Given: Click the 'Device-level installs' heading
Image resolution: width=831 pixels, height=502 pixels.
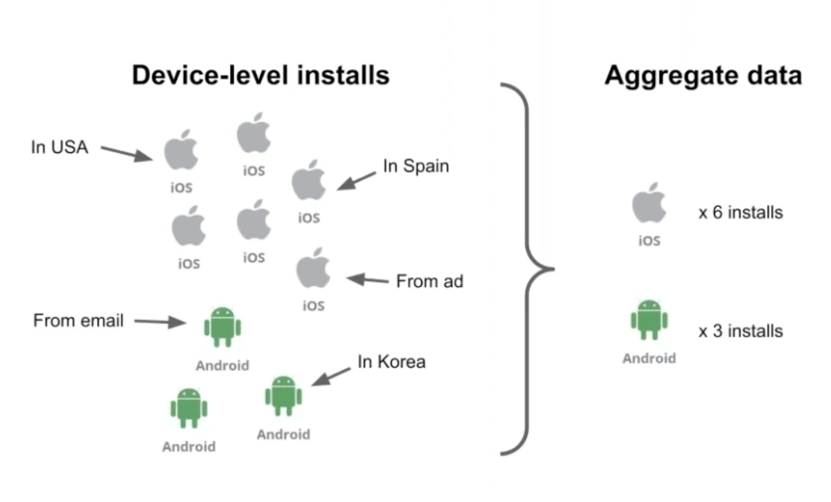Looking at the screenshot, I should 261,75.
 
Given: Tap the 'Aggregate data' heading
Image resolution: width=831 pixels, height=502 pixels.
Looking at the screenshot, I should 703,75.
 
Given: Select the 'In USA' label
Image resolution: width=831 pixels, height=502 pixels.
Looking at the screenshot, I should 60,147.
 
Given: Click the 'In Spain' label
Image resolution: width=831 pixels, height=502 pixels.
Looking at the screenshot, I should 416,166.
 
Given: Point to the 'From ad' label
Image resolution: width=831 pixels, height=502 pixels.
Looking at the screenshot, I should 429,281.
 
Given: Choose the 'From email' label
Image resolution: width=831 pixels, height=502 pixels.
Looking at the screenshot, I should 78,321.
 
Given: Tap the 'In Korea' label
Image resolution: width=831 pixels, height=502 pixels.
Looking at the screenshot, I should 391,362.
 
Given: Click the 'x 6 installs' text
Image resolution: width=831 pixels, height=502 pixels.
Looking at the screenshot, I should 740,212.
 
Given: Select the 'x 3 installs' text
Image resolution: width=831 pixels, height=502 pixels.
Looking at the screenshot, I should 740,331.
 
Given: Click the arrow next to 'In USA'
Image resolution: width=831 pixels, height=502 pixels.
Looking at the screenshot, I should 127,153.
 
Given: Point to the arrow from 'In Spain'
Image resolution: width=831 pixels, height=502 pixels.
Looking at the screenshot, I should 356,181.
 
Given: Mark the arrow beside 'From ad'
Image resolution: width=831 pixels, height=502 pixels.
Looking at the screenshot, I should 368,280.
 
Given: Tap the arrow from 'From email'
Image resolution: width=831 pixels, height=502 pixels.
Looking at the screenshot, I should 160,322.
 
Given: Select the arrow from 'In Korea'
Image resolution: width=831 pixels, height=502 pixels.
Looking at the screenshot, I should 331,376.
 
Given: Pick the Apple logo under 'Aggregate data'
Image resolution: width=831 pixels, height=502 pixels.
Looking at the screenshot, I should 649,203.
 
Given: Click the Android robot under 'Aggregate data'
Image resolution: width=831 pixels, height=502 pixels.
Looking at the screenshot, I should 649,320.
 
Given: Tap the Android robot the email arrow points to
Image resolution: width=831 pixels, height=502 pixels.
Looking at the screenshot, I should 222,327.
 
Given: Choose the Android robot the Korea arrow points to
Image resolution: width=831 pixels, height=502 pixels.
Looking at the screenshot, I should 283,396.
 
